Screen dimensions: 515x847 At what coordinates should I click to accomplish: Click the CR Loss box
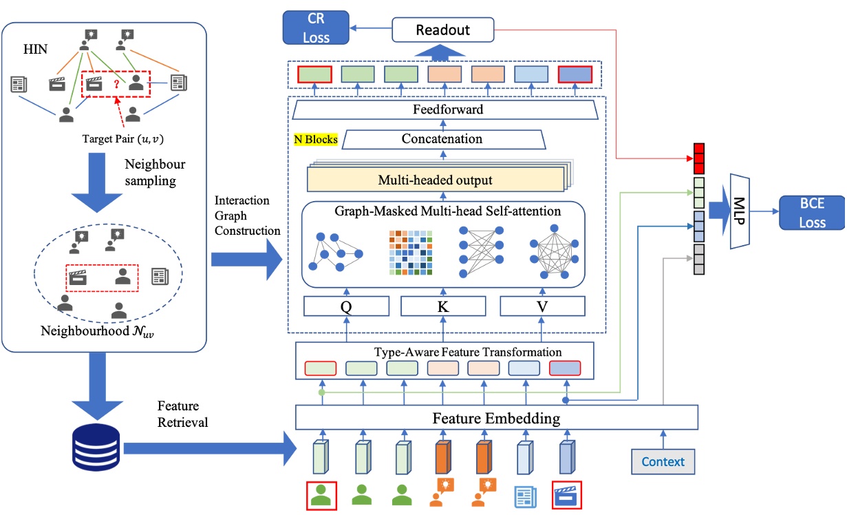pyautogui.click(x=317, y=29)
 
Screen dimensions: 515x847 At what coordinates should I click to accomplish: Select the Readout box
pyautogui.click(x=444, y=29)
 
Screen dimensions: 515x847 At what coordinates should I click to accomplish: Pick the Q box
pyautogui.click(x=347, y=306)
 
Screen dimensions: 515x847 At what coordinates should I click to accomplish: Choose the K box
pyautogui.click(x=443, y=306)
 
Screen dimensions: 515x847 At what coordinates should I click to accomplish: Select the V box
pyautogui.click(x=543, y=306)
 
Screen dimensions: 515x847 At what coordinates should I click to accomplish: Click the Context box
pyautogui.click(x=663, y=461)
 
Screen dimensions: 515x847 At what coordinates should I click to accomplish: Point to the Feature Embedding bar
pyautogui.click(x=496, y=417)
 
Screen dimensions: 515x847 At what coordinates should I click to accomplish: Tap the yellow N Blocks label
pyautogui.click(x=316, y=139)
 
